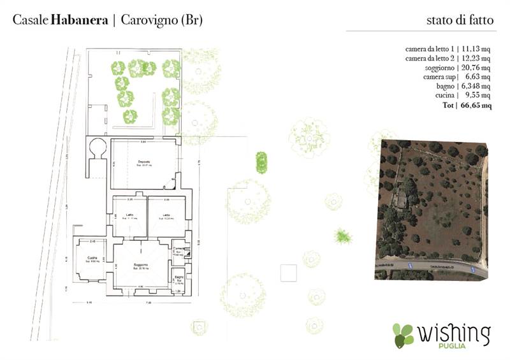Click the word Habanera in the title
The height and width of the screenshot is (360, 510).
coord(78,20)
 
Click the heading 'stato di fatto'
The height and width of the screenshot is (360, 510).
coord(460,20)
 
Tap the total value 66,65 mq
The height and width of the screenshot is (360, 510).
coord(476,105)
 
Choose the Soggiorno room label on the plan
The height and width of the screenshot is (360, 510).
coord(141,264)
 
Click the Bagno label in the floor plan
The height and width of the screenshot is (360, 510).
coord(178,276)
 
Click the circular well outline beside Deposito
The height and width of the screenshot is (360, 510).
coord(99,148)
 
